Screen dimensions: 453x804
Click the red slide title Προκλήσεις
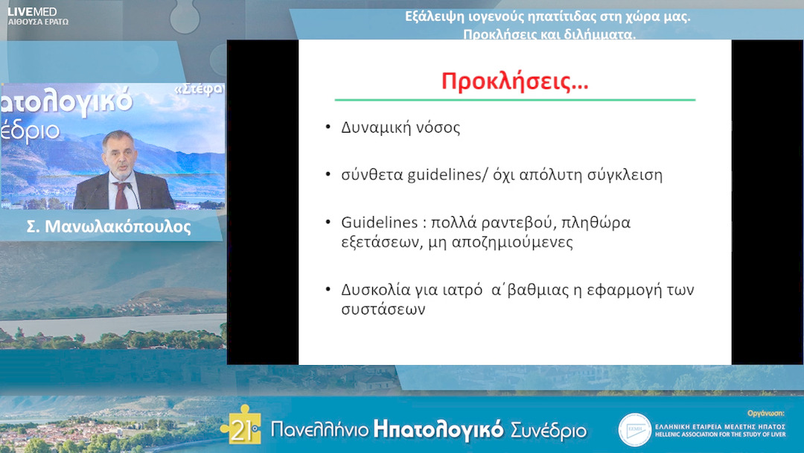(514, 81)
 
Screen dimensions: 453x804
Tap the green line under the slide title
(514, 100)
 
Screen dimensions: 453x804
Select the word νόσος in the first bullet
(438, 127)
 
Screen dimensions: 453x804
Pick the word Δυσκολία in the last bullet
(375, 290)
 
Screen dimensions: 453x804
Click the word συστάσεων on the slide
(383, 309)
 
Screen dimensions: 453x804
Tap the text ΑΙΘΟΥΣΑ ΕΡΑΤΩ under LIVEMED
(37, 22)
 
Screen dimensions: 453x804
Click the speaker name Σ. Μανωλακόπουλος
(106, 227)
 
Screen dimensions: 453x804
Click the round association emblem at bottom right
(634, 430)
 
